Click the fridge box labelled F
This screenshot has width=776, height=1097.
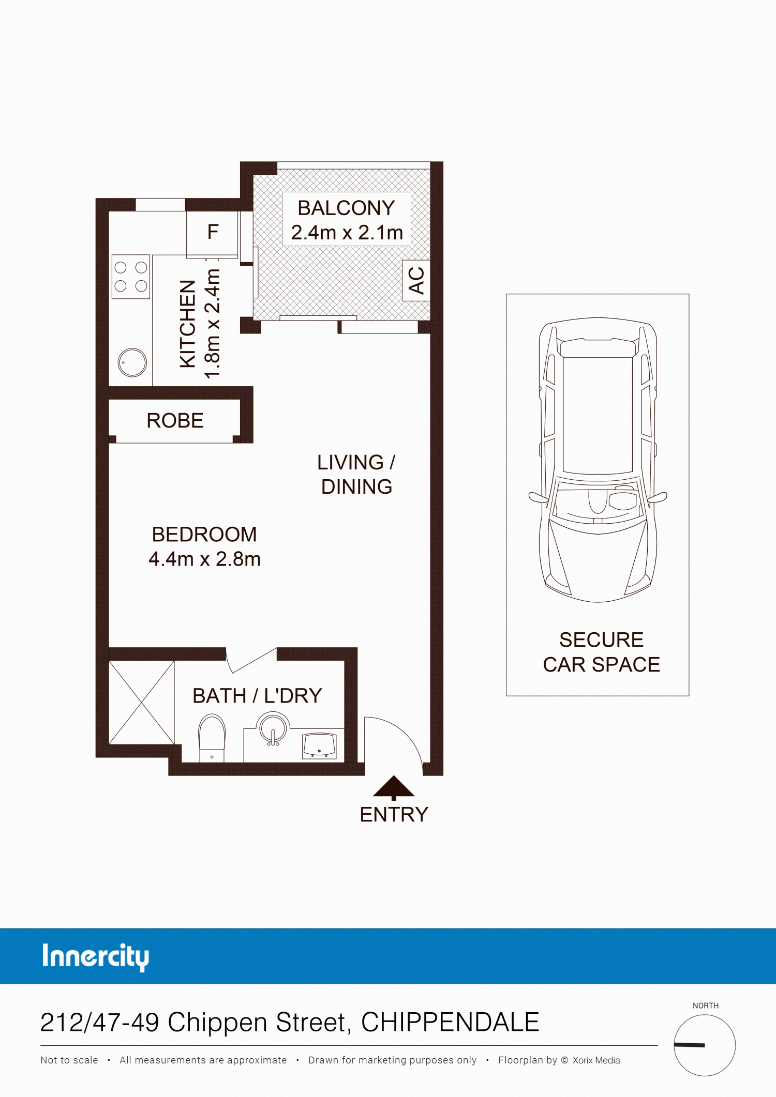click(x=212, y=234)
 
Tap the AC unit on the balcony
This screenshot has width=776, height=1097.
click(x=416, y=280)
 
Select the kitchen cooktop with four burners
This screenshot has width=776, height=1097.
click(x=131, y=277)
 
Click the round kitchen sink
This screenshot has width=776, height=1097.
click(x=132, y=362)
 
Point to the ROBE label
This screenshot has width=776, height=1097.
click(x=175, y=421)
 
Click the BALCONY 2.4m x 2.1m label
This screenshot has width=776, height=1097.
click(x=347, y=220)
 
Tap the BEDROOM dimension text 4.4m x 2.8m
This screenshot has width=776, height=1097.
click(x=204, y=559)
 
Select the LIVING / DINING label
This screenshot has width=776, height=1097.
click(x=356, y=475)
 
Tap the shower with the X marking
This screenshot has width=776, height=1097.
click(x=141, y=703)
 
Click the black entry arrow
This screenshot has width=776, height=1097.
click(x=394, y=787)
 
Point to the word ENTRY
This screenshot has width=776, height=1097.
click(x=394, y=815)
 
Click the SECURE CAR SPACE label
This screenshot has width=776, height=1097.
click(x=601, y=652)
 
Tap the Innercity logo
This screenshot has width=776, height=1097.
click(x=96, y=957)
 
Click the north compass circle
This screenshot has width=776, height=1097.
click(x=705, y=1045)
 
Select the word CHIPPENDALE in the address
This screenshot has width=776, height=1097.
click(x=450, y=1022)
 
